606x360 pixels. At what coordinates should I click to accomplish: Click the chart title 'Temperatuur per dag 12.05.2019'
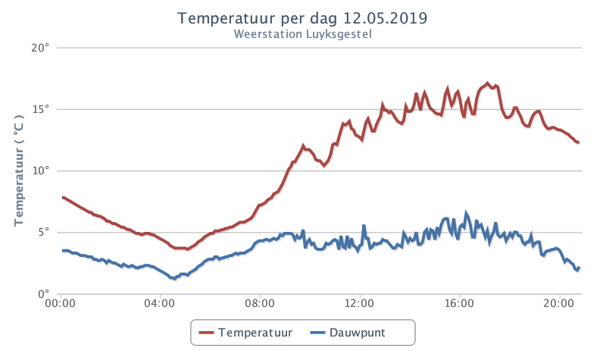tap(302, 18)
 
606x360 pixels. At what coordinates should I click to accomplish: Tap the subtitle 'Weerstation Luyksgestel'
tap(302, 34)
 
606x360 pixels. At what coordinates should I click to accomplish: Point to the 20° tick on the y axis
tap(40, 48)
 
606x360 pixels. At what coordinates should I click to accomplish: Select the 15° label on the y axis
tap(41, 109)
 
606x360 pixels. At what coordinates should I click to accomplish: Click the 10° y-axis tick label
tap(41, 171)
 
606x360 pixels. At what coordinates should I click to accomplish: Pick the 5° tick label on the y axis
tap(44, 233)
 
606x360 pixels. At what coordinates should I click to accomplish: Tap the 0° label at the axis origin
tap(44, 294)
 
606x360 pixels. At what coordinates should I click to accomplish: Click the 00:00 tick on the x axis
tap(61, 303)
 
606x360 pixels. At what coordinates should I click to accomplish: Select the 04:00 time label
tap(160, 303)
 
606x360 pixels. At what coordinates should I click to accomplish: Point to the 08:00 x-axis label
tap(260, 303)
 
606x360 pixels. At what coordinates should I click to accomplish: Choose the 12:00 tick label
tap(359, 303)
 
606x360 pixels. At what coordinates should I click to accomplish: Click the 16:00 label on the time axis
tap(459, 303)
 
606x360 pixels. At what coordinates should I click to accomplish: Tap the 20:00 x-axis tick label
tap(559, 303)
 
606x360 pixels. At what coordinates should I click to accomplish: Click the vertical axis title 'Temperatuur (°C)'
tap(19, 170)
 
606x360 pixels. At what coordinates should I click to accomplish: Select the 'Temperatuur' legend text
tap(255, 333)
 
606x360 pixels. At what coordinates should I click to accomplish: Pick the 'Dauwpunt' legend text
tap(357, 333)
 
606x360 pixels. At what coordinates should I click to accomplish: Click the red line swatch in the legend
tap(206, 333)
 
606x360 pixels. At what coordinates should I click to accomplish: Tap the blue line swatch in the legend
tap(317, 333)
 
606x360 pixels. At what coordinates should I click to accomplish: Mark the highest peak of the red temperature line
tap(487, 83)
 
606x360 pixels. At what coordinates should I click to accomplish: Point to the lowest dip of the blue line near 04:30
tap(175, 278)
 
